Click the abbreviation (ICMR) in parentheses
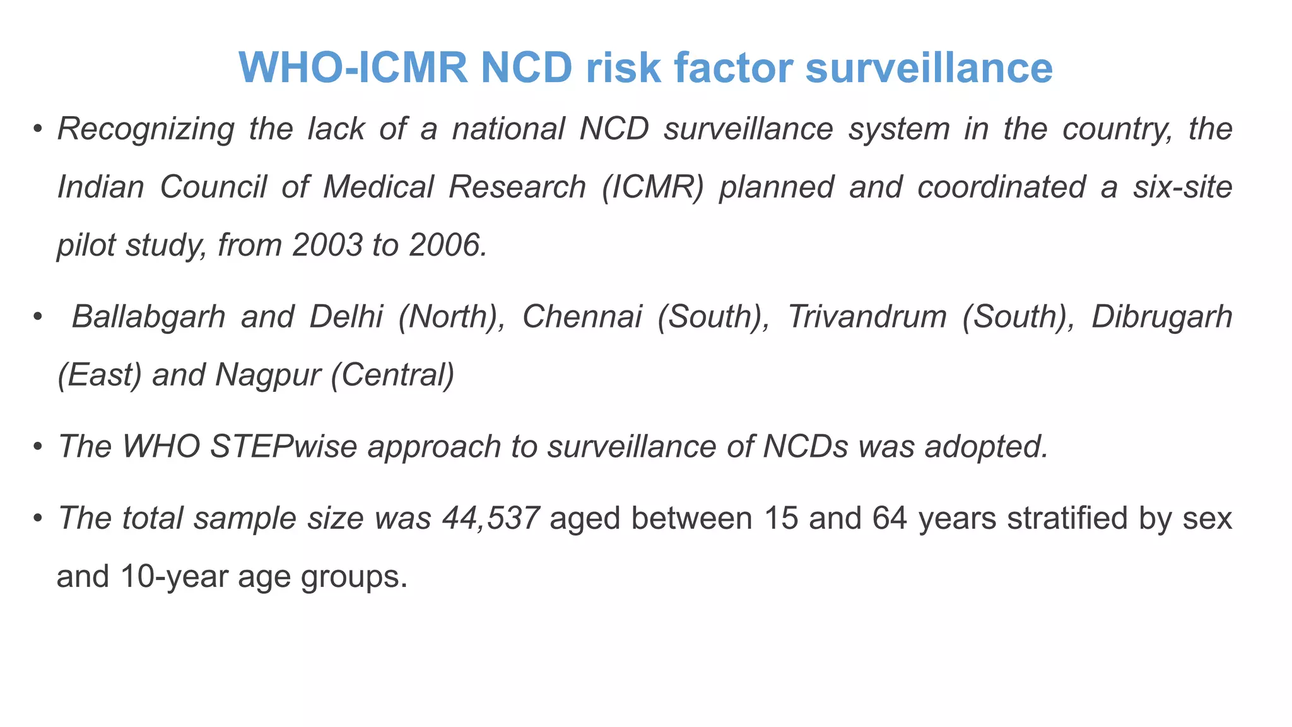pos(652,187)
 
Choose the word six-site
pos(1182,187)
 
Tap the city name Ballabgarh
pos(148,317)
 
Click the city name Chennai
pos(582,317)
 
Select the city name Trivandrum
pos(867,317)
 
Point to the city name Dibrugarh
pos(1161,317)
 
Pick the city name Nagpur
pos(268,375)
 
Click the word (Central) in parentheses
pos(392,375)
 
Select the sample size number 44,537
pos(490,519)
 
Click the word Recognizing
pos(146,129)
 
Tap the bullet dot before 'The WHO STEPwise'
pos(38,447)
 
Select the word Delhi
pos(346,317)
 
